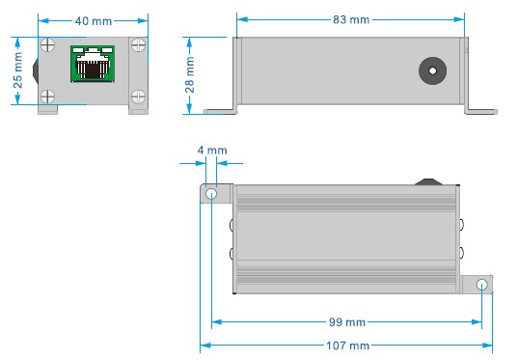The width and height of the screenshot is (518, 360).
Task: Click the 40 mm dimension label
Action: point(94,21)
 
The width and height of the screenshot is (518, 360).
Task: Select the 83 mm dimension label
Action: point(351,20)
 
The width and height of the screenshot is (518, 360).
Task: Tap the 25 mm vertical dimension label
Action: point(17,70)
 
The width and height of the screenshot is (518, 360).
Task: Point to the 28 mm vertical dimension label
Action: point(190,74)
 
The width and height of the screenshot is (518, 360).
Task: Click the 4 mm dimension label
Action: point(212,151)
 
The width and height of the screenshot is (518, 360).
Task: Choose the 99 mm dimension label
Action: point(347,322)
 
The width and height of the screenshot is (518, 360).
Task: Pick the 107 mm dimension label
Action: point(347,346)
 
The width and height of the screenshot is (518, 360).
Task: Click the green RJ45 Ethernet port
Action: point(93,64)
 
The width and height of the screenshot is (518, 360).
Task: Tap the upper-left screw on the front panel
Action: point(47,45)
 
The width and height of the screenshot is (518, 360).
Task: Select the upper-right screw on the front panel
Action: point(138,45)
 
